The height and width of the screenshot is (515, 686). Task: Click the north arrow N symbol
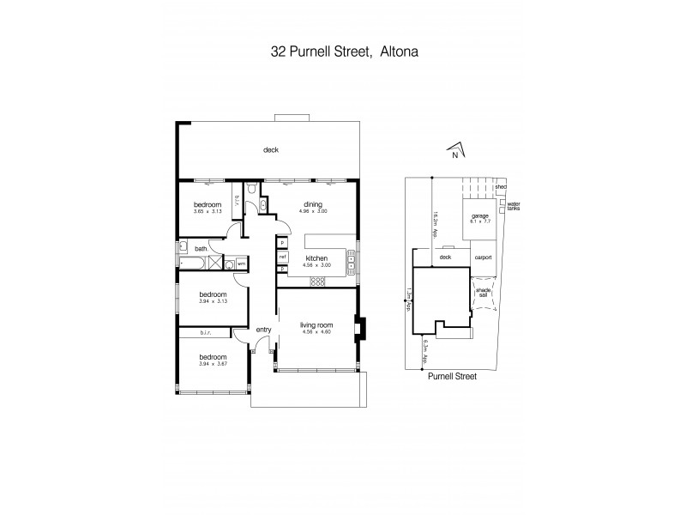455,153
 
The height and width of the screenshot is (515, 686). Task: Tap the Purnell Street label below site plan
451,376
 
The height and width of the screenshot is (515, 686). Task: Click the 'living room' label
316,324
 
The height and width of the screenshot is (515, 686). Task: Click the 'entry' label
263,330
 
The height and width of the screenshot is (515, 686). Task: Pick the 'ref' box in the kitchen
281,256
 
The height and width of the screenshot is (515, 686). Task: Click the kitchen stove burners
317,281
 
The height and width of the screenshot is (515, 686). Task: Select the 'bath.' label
201,249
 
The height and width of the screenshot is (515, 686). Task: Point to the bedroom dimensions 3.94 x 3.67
214,365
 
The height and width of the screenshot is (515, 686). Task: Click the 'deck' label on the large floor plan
271,150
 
